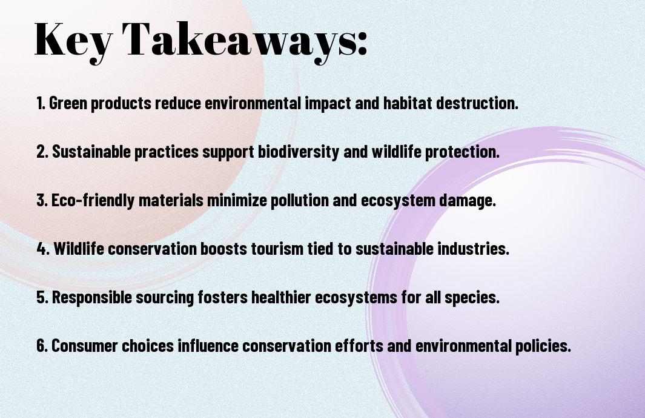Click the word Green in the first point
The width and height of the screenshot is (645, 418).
click(68, 103)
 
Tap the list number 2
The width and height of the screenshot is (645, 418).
click(42, 152)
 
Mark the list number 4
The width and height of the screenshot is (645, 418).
click(43, 249)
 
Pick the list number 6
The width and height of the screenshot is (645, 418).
click(42, 345)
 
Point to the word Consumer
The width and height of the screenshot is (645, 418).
click(85, 345)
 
